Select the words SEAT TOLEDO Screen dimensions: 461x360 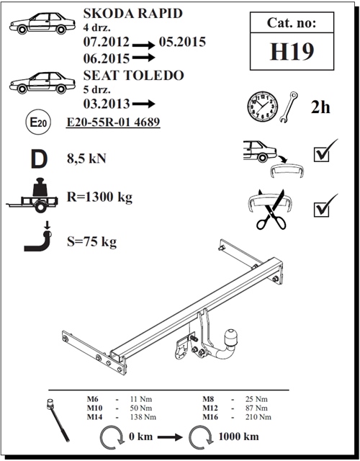134,75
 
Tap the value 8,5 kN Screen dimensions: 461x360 86,158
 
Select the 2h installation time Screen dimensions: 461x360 320,107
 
